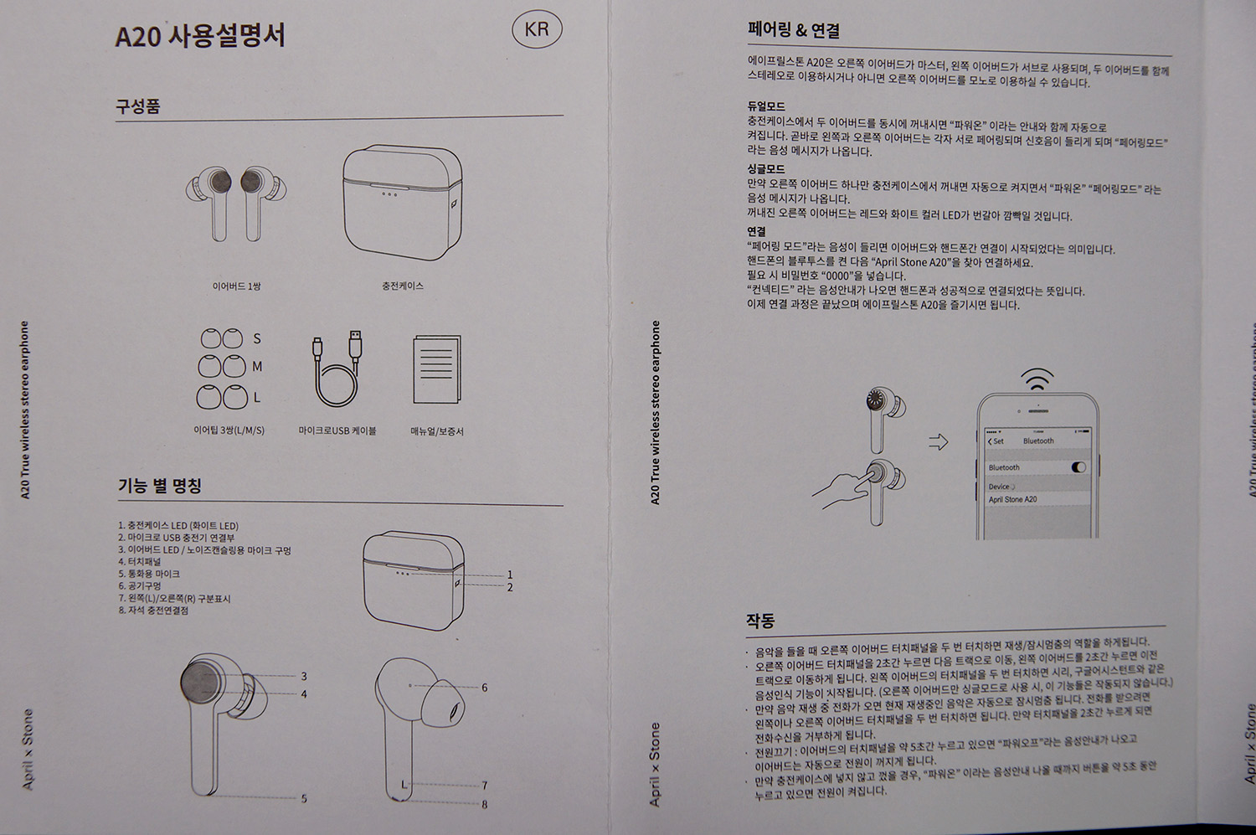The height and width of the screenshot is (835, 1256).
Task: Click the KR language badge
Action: [x=537, y=29]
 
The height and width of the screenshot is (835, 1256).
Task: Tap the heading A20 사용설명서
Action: [x=200, y=36]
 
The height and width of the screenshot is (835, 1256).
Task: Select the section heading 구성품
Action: [x=138, y=106]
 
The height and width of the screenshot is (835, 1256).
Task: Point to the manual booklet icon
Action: [x=437, y=369]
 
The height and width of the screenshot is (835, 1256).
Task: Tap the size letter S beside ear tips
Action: [x=257, y=338]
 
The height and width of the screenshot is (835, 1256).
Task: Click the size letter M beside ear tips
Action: [x=257, y=367]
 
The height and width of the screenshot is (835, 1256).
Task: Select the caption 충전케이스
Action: [x=403, y=286]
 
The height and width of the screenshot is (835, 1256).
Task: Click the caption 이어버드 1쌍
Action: [x=236, y=286]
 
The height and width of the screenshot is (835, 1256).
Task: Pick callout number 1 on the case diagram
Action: [x=510, y=575]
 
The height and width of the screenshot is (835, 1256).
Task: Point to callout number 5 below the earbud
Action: [x=304, y=798]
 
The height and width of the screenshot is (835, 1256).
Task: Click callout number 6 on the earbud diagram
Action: [x=485, y=688]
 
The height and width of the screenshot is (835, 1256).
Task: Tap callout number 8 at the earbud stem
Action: [x=485, y=805]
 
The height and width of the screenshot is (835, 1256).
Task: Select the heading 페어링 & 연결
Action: [x=794, y=29]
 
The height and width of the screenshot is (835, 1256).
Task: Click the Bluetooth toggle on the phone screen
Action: [x=1078, y=467]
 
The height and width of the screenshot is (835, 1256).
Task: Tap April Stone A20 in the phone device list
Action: [x=1012, y=499]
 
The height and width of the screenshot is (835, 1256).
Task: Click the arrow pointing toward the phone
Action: [x=939, y=442]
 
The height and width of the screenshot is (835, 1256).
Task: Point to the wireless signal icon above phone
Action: [x=1037, y=379]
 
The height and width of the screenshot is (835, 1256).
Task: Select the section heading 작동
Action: [x=760, y=621]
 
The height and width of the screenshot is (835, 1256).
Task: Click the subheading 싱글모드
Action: [x=766, y=169]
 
